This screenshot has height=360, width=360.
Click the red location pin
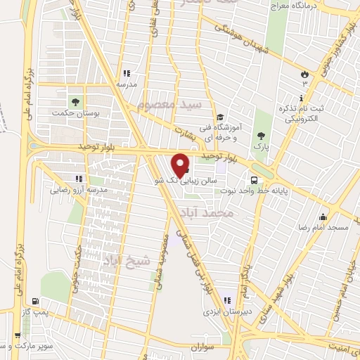click(181, 165)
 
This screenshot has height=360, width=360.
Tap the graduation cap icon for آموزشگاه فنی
click(220, 117)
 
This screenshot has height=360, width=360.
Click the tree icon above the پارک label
click(262, 136)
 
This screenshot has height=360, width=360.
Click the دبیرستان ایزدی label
click(224, 309)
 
